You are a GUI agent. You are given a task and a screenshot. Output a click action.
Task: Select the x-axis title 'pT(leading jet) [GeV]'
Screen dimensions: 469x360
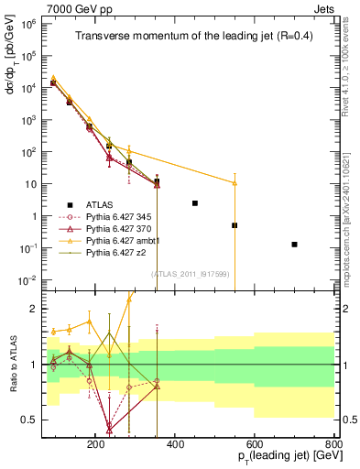click(279, 455)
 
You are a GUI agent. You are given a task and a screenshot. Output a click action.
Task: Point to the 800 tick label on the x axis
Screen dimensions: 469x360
click(333, 443)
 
